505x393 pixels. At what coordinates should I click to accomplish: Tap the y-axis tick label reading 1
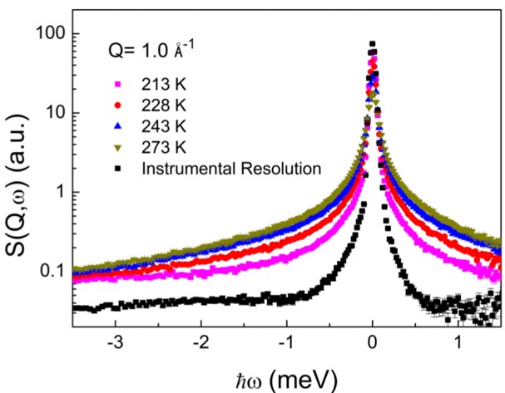tap(70, 192)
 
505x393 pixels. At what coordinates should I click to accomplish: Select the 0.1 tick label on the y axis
tap(62, 271)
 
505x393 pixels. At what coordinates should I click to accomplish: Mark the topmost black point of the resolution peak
tap(373, 44)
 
